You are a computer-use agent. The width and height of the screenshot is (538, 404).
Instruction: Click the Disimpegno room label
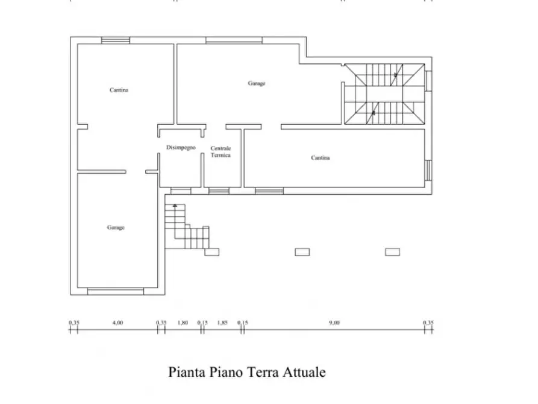(180, 148)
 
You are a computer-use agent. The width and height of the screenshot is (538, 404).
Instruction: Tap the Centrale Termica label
(221, 152)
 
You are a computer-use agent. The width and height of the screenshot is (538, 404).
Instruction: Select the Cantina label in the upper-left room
(119, 90)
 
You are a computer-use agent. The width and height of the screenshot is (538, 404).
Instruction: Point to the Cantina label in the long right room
(321, 158)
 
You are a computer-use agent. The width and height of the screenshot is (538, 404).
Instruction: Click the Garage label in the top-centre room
(257, 84)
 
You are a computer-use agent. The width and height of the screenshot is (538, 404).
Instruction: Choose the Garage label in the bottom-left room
(116, 227)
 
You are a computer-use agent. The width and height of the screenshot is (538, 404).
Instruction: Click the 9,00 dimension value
(334, 323)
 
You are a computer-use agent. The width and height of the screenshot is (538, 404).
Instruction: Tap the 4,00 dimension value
(117, 323)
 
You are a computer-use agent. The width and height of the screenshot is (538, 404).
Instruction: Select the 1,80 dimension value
(183, 323)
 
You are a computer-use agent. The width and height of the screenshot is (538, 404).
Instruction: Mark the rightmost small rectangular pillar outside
(393, 252)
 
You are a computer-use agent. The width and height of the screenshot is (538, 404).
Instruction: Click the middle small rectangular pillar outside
(302, 252)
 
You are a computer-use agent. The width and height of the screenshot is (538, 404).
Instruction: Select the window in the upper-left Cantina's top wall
(115, 40)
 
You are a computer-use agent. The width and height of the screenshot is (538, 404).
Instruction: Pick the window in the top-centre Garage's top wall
(234, 40)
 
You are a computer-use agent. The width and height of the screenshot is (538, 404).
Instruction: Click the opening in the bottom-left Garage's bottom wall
(116, 292)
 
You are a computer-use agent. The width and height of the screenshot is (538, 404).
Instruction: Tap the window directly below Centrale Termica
(219, 191)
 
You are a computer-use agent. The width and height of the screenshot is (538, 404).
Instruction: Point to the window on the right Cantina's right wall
(428, 170)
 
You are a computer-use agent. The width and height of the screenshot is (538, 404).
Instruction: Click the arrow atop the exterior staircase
(175, 206)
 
